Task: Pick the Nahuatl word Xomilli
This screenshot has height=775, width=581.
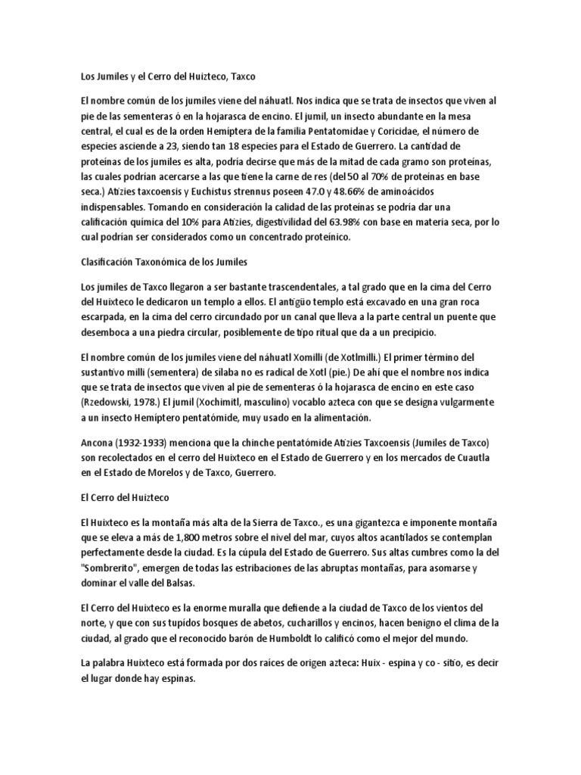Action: [300, 357]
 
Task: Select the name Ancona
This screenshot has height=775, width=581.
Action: [98, 442]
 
